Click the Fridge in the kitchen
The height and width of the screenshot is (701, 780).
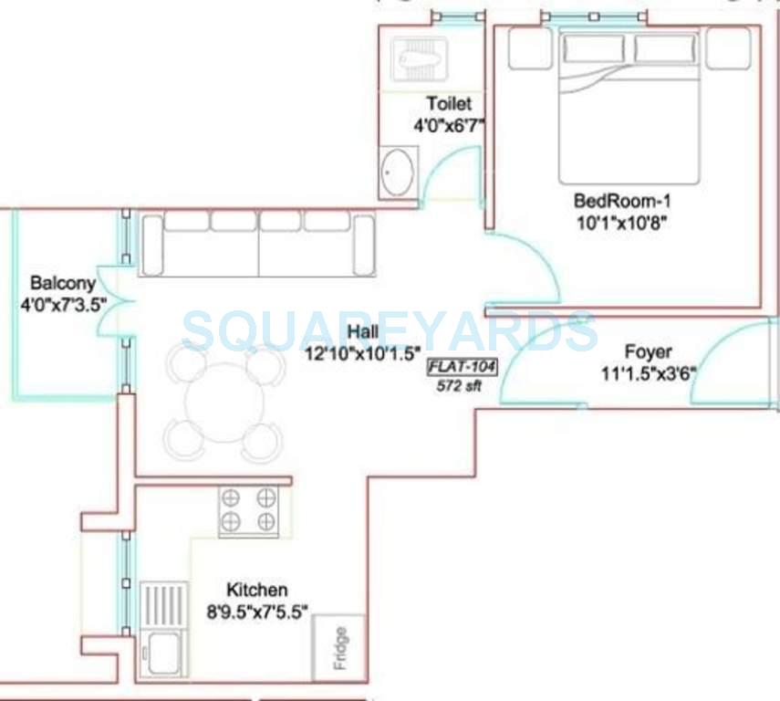(x=338, y=648)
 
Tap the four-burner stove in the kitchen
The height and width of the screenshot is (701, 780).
(x=247, y=510)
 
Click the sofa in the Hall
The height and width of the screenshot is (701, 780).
(x=256, y=245)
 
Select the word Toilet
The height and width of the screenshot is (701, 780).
(x=448, y=103)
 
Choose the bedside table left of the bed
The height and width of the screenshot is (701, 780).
(x=529, y=47)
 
